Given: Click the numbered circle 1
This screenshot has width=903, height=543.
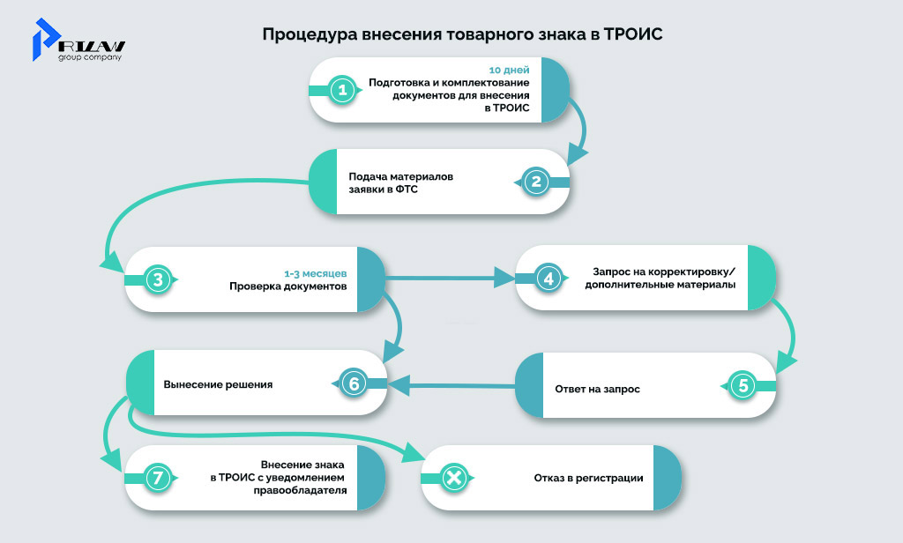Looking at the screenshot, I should tap(340, 90).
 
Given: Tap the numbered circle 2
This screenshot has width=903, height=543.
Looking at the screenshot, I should tap(536, 182).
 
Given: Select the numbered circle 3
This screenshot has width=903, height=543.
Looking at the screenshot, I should tap(157, 280).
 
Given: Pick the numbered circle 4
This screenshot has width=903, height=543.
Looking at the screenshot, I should tap(549, 279).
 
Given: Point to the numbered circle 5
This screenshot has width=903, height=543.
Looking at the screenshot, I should tap(743, 385).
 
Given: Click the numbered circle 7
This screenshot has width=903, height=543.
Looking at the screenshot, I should tap(157, 479).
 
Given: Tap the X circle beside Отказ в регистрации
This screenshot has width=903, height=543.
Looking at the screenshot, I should tap(453, 479).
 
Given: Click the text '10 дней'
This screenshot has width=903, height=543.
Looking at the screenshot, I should tap(509, 69).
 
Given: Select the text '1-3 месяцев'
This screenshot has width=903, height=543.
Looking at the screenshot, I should tap(321, 273).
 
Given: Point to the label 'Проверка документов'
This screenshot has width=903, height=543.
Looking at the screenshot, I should tap(287, 286).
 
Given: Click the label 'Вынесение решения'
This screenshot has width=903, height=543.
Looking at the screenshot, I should tap(218, 384).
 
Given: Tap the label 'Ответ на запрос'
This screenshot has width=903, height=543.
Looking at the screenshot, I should tap(597, 389).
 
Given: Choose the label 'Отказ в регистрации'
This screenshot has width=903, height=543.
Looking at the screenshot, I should tap(588, 479).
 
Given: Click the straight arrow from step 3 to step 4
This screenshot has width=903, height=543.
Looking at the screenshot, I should tap(449, 279).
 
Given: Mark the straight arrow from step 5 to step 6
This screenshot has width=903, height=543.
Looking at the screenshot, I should tap(451, 384).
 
